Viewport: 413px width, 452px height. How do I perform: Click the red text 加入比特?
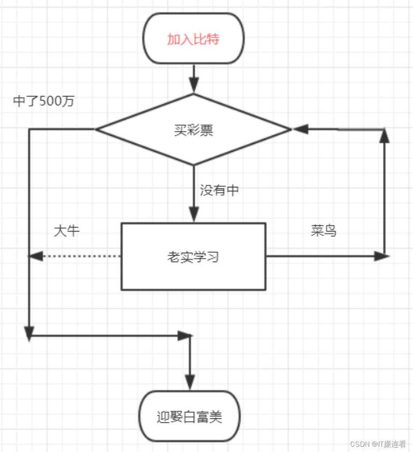(193, 39)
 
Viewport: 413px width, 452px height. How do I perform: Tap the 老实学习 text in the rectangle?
(193, 257)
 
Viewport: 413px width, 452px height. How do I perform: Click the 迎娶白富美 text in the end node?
(189, 417)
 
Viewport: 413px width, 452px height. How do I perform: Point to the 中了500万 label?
(44, 101)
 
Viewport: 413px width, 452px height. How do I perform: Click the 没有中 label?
(220, 191)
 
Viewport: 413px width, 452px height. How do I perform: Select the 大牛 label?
(67, 231)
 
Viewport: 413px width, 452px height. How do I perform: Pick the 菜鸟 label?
(324, 231)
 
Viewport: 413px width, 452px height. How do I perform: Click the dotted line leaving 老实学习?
(80, 256)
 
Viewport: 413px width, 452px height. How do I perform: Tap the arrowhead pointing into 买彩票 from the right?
(300, 129)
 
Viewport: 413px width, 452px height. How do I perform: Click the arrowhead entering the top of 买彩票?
(193, 84)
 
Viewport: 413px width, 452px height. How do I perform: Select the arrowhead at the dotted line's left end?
(35, 256)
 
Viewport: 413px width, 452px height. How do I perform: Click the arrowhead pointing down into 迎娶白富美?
(190, 382)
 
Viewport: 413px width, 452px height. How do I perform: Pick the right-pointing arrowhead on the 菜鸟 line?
(381, 256)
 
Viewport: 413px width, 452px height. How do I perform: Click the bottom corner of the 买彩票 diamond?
(193, 165)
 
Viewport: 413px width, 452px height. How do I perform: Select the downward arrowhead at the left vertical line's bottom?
(29, 333)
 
